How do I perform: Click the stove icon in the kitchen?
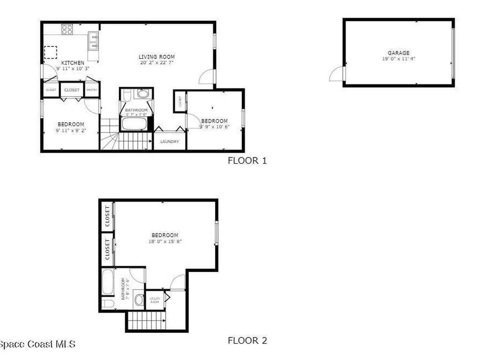coord(67,30)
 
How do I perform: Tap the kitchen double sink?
coord(93,40)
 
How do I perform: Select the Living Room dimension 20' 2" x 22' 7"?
coord(156,63)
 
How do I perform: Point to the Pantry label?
coord(92,90)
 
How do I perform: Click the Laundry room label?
coord(169,142)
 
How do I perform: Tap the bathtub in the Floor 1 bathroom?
coord(135,124)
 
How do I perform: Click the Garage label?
coord(398,53)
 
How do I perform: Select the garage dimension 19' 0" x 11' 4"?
coord(398,59)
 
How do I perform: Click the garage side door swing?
coord(337,74)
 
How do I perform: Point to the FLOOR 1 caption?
coord(247,161)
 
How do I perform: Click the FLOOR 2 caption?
coord(247,341)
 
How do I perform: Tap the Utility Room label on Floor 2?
coord(155,300)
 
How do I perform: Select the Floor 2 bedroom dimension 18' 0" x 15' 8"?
coord(165,241)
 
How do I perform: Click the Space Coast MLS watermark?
coord(37,345)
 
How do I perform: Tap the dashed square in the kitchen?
coord(51,52)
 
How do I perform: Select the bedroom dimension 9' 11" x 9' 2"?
coord(71,130)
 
